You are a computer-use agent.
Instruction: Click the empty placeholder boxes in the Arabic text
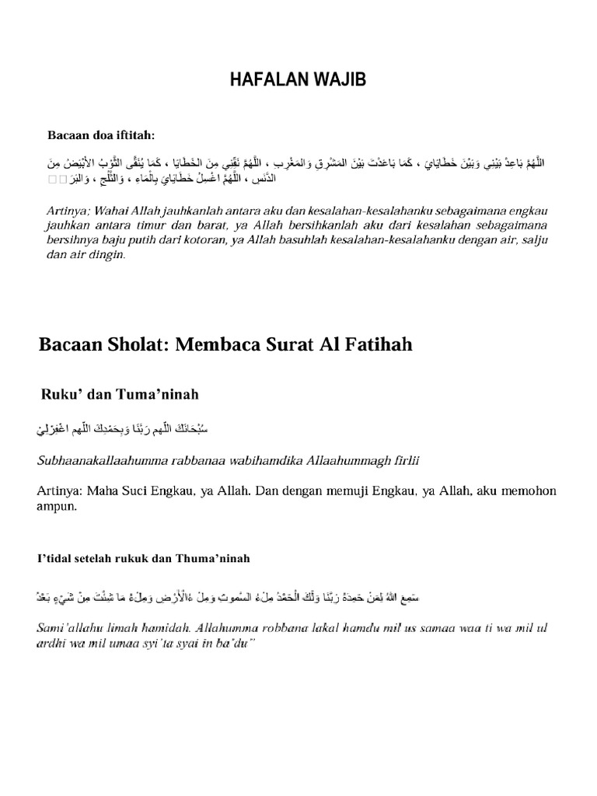(x=58, y=180)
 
